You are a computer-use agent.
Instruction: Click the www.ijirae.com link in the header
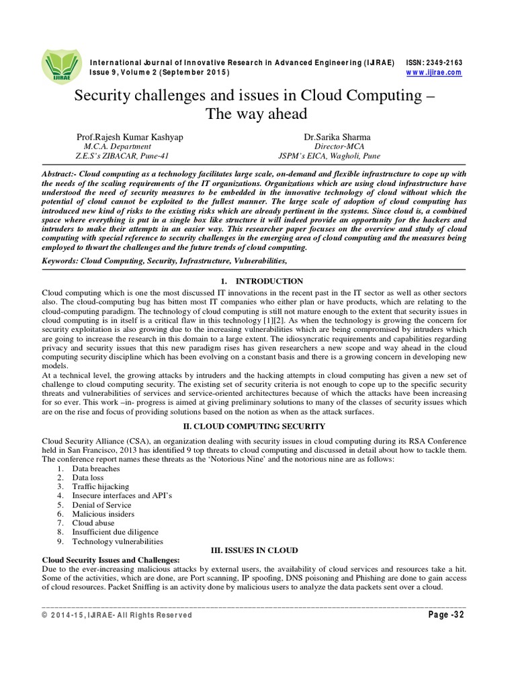coord(434,73)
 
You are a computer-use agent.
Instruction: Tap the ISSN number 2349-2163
coord(445,62)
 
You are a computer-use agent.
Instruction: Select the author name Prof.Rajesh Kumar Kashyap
coord(130,137)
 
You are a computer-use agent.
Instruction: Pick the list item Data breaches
coord(96,468)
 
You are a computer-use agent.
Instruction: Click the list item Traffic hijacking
coord(101,486)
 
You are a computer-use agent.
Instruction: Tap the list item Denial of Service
coord(101,505)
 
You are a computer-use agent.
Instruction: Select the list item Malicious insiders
coord(103,513)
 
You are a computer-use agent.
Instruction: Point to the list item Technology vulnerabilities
coord(118,541)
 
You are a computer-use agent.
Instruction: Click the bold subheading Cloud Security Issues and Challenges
coord(111,560)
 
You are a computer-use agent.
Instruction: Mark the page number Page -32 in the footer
coord(441,615)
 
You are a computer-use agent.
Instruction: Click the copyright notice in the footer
coord(116,615)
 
